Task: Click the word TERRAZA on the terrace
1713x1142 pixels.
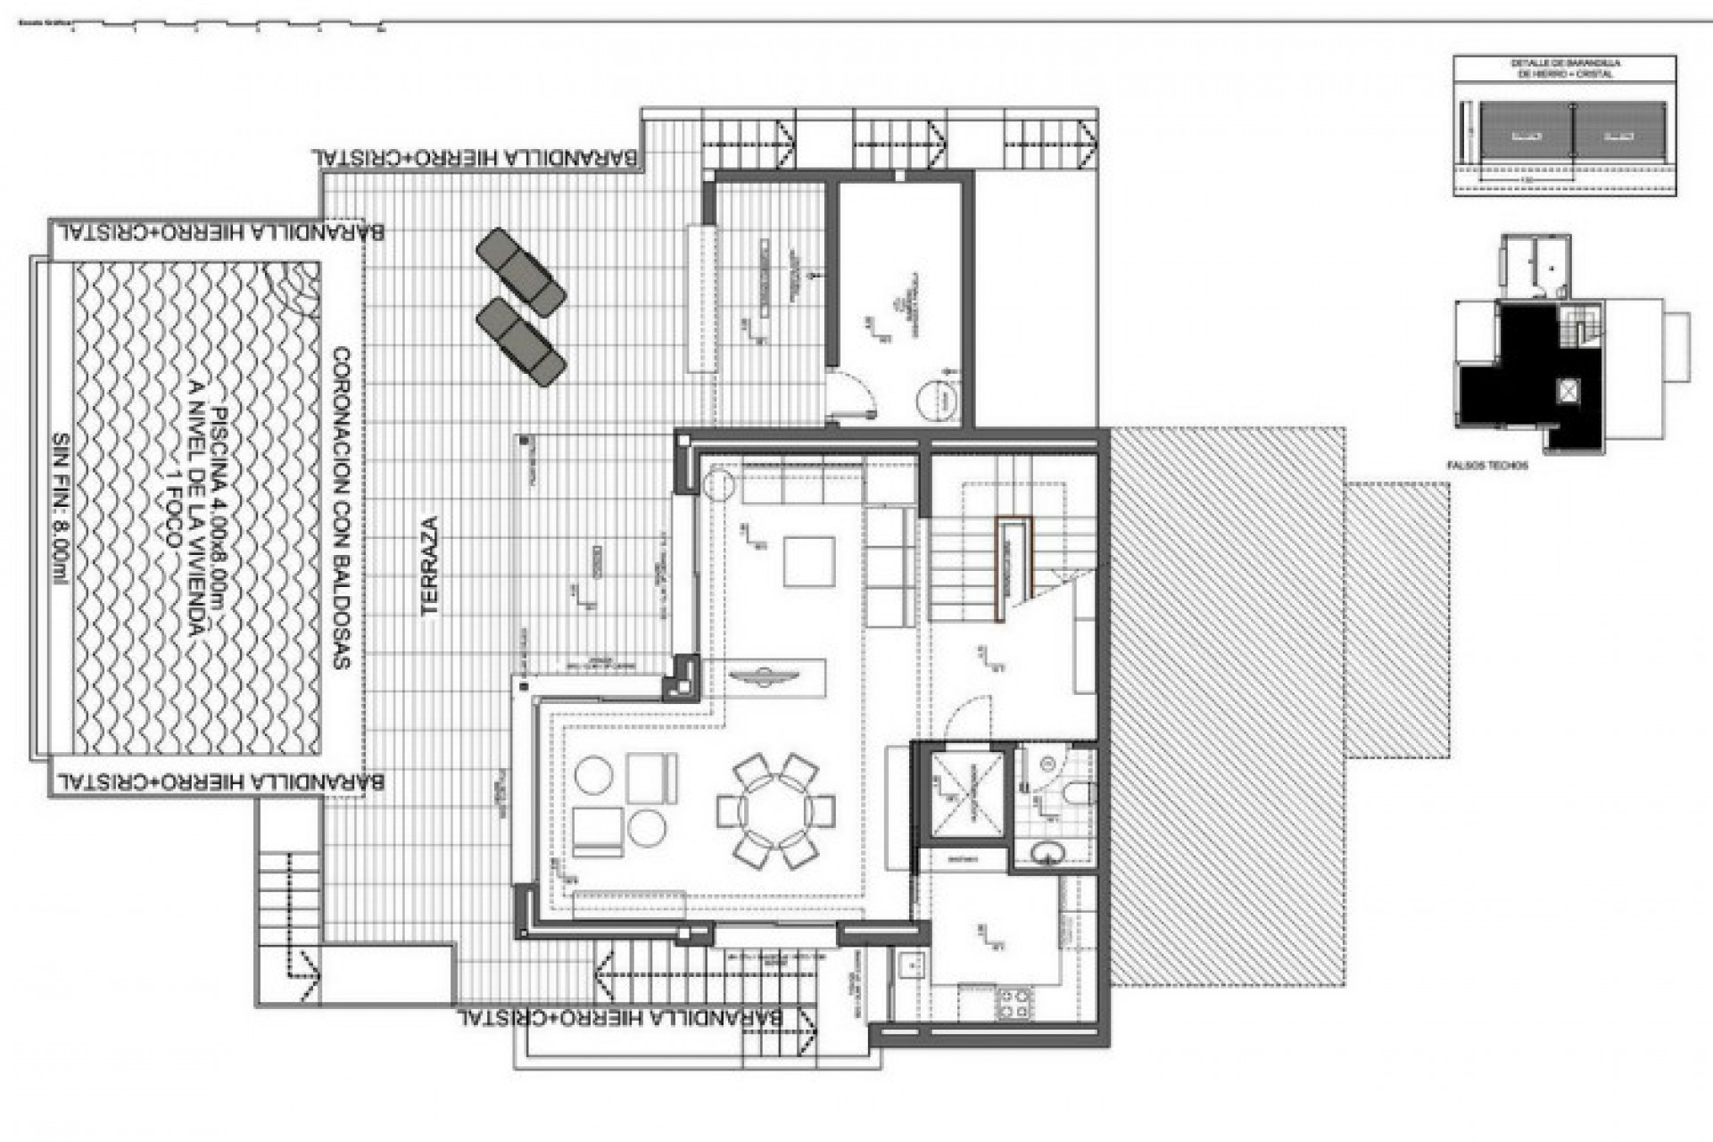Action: pos(431,566)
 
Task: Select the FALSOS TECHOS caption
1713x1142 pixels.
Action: pos(1488,466)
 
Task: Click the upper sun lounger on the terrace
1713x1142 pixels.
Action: pos(520,270)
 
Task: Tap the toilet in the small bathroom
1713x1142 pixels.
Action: pos(1076,793)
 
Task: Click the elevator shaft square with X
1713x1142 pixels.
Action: pos(966,793)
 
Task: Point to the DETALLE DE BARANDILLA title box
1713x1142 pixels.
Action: pos(1565,69)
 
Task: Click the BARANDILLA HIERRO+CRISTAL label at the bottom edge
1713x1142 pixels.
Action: pos(619,1017)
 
